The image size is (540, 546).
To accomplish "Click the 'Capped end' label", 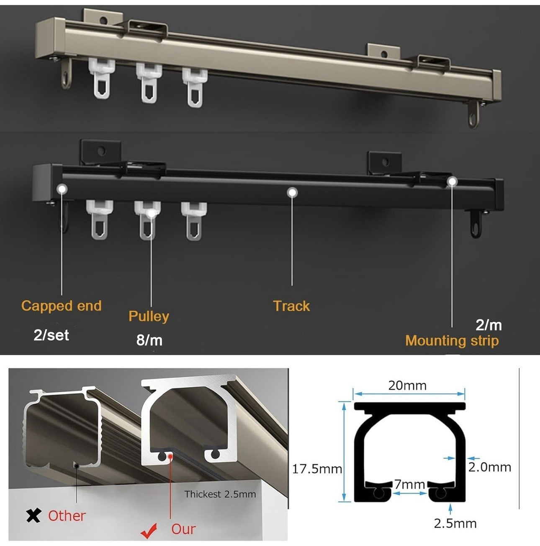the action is pyautogui.click(x=62, y=306).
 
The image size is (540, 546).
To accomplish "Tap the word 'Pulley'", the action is pyautogui.click(x=149, y=317).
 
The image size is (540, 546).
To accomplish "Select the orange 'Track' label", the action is pyautogui.click(x=292, y=306).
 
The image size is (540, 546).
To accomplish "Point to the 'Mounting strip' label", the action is pyautogui.click(x=452, y=341).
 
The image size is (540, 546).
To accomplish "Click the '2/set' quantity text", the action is pyautogui.click(x=51, y=335).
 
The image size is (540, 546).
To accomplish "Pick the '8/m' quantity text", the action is pyautogui.click(x=149, y=340).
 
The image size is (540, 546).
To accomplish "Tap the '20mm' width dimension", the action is pyautogui.click(x=407, y=386).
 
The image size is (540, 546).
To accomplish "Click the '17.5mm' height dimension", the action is pyautogui.click(x=317, y=469).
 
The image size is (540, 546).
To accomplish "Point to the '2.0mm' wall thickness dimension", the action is pyautogui.click(x=490, y=467).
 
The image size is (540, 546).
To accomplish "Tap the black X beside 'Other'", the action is pyautogui.click(x=33, y=515).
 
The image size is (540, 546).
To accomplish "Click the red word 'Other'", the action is pyautogui.click(x=67, y=516).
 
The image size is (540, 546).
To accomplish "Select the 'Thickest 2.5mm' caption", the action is pyautogui.click(x=220, y=494).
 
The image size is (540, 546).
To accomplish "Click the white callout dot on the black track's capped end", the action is pyautogui.click(x=62, y=189).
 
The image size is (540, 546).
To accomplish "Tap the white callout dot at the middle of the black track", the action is pyautogui.click(x=292, y=193).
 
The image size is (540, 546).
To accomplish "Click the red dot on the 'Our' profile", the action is pyautogui.click(x=170, y=456).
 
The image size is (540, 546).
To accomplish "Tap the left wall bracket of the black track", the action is pyautogui.click(x=101, y=152).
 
